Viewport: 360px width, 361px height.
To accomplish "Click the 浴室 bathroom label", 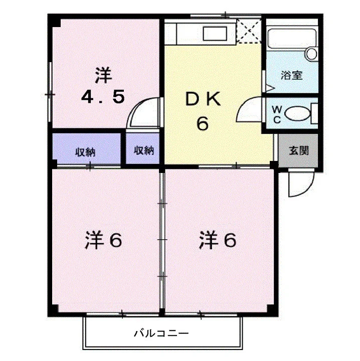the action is click(292, 75).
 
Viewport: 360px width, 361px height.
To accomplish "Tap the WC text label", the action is click(276, 114).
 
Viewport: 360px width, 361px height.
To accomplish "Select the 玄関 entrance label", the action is click(298, 150).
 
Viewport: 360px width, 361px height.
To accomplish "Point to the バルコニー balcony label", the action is click(161, 333).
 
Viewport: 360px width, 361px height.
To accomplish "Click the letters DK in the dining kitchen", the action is click(203, 99).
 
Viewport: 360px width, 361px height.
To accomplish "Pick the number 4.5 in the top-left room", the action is click(103, 97).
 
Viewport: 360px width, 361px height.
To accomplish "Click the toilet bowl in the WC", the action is click(297, 113).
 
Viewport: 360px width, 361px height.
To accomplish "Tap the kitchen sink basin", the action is click(215, 34).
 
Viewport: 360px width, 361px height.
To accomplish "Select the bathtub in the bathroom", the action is click(292, 39).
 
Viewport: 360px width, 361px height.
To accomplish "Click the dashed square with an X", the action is click(249, 31).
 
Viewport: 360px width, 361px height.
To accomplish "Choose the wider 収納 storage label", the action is click(85, 152).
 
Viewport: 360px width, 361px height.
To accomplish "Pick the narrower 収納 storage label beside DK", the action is click(144, 150).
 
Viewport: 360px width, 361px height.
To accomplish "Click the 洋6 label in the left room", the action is click(103, 240).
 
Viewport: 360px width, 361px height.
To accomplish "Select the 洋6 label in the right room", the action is click(218, 240).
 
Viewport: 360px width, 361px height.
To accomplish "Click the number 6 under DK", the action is click(203, 124).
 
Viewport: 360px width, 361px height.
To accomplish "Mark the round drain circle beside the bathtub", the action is click(311, 54).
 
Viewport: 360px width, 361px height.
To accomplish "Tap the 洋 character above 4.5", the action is click(104, 75).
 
